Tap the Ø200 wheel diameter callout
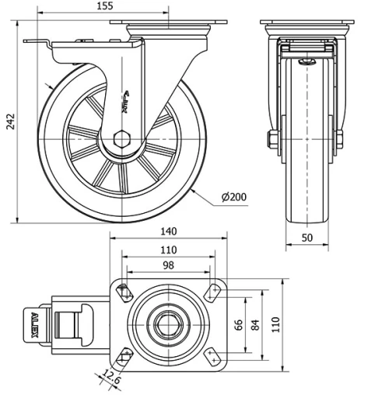tap(233, 197)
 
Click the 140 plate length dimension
tap(168, 231)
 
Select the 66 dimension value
tap(239, 323)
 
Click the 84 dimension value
tap(254, 323)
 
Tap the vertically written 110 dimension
tap(275, 323)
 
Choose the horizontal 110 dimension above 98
tap(168, 250)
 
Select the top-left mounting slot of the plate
tap(124, 292)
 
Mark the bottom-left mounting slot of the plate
tap(124, 356)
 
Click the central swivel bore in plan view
tap(167, 323)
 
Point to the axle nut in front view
tap(272, 140)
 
